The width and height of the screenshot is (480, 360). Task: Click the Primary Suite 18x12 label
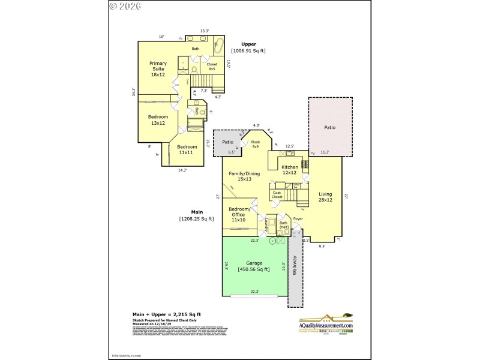(x=158, y=69)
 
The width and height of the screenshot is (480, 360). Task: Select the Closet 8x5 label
(x=212, y=67)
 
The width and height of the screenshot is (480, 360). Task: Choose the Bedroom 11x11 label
(x=187, y=149)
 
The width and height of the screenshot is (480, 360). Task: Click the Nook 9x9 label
(x=255, y=144)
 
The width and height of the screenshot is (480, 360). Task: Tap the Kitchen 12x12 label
(x=290, y=170)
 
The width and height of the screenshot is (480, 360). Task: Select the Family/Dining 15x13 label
(x=244, y=176)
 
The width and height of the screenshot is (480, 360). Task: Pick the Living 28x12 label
(x=325, y=197)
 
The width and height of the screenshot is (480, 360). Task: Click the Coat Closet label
(x=277, y=194)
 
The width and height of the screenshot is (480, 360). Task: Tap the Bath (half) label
(x=284, y=226)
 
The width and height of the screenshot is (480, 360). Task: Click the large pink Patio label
(x=330, y=127)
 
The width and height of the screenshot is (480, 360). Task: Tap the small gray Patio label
(x=227, y=142)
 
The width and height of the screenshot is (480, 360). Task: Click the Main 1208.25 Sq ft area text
(x=197, y=215)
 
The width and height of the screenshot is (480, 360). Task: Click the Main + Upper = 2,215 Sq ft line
(x=166, y=314)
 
